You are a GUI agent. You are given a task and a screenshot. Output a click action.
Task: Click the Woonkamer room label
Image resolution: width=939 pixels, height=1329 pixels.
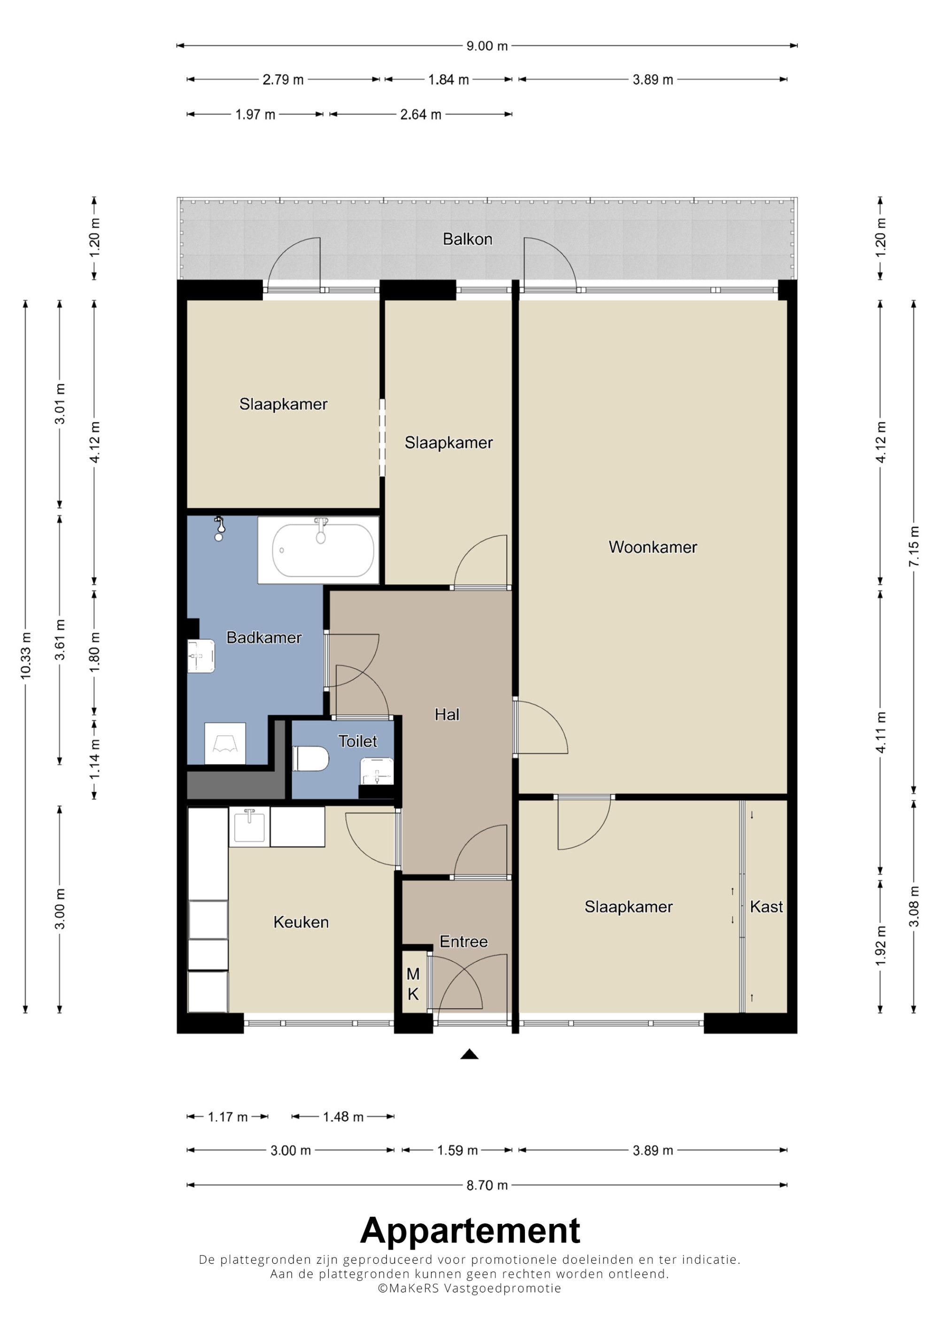coord(652,547)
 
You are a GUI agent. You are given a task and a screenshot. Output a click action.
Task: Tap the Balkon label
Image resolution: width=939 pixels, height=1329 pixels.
coord(468,239)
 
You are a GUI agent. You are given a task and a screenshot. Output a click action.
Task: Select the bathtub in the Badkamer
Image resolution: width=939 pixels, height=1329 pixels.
coord(323,550)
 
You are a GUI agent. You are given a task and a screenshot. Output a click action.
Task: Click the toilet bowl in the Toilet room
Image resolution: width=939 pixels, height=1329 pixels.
coord(311,758)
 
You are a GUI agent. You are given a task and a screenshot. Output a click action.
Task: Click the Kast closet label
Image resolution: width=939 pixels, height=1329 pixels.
coord(766,906)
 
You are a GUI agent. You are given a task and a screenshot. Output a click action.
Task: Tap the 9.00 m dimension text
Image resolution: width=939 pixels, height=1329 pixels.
coord(487,46)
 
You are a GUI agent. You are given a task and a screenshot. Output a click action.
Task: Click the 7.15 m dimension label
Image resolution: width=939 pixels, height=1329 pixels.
coord(914,547)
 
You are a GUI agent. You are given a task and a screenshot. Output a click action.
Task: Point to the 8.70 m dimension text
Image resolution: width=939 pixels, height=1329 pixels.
coord(487,1185)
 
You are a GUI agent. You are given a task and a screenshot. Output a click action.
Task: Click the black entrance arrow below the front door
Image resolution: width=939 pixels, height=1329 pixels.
coord(469,1054)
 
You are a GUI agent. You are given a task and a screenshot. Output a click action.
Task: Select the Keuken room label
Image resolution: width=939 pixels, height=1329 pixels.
coord(301,922)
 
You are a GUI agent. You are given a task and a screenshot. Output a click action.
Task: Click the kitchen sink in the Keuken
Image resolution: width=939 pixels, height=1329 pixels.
coord(249,827)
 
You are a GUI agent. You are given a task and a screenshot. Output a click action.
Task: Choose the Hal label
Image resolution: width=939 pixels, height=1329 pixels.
coord(446,715)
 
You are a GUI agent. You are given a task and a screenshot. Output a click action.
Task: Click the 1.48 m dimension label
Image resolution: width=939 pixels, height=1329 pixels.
coord(343,1117)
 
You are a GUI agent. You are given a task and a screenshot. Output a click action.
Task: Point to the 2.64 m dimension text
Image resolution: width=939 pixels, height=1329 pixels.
coord(421,115)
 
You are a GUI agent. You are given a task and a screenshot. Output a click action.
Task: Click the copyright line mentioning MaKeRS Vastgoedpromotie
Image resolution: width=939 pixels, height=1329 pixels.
coord(469,1288)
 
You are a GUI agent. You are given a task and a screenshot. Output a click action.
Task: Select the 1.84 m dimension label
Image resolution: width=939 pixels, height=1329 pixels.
coord(448,80)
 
